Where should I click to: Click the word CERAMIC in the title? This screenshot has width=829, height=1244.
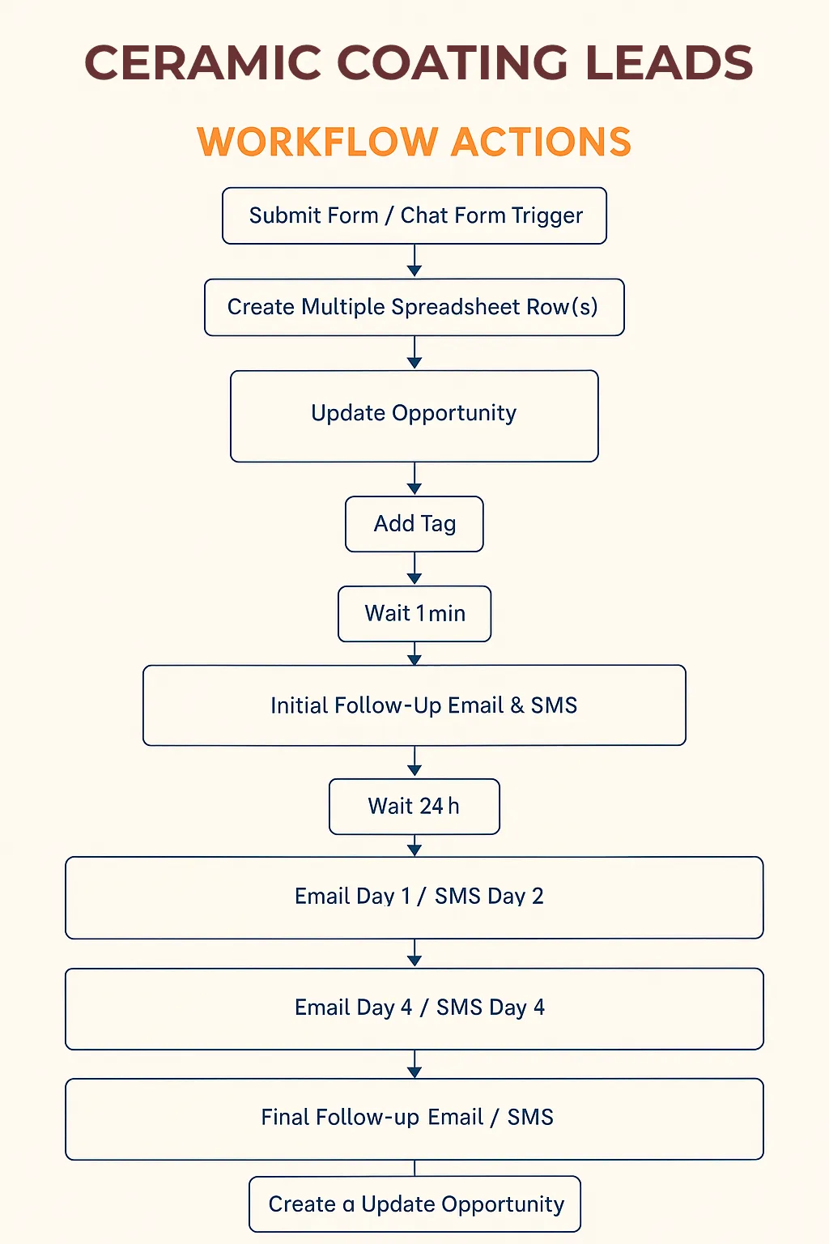[202, 62]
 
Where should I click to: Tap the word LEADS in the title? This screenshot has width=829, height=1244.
[669, 62]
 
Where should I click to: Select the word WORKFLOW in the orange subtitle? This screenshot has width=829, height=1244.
[317, 142]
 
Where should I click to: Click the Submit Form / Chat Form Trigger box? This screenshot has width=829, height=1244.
[414, 215]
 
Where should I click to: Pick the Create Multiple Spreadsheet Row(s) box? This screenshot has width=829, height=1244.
[414, 307]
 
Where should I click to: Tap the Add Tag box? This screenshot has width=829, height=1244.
[414, 524]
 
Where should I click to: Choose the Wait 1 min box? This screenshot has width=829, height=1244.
[414, 614]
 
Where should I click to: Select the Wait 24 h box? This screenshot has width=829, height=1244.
[414, 807]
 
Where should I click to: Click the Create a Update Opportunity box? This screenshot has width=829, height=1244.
[414, 1204]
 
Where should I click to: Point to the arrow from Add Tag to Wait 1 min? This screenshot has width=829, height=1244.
[414, 569]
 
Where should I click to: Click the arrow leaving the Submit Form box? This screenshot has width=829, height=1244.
[414, 261]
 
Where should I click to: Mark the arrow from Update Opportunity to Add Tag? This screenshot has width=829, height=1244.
[414, 479]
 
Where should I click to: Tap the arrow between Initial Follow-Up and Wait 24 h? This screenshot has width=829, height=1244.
[414, 762]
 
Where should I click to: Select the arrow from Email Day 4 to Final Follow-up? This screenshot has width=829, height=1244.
[414, 1064]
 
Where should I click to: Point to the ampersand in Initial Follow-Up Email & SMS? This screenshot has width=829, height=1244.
[517, 705]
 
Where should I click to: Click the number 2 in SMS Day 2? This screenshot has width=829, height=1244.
[538, 896]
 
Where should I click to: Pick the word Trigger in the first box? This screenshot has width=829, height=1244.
[547, 216]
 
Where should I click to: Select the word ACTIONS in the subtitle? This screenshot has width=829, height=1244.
[541, 142]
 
